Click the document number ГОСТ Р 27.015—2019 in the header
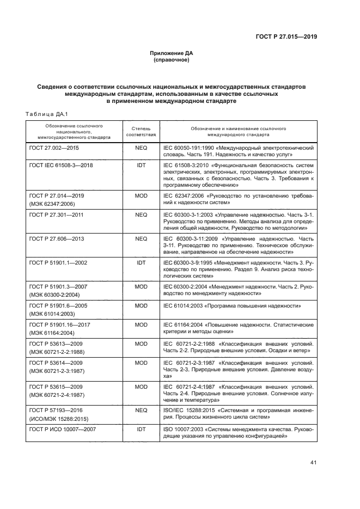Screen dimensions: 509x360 pos(286,38)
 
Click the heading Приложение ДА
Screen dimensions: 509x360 pos(172,53)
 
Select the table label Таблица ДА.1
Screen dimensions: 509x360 pos(46,113)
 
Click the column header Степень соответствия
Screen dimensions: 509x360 pos(141,130)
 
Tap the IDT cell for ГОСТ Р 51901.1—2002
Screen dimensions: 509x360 pos(141,262)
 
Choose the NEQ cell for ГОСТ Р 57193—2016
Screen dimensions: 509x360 pos(141,409)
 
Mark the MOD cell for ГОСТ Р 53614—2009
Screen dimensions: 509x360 pos(141,362)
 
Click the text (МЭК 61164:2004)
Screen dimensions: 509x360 pos(52,332)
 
